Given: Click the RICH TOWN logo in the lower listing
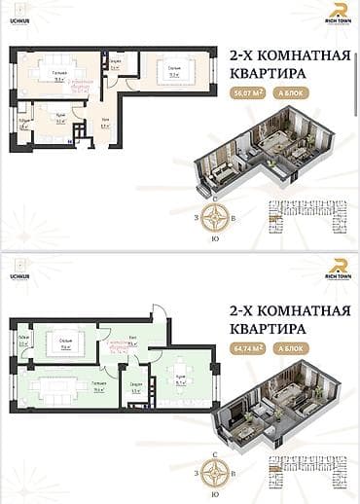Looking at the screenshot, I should coord(337,268).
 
